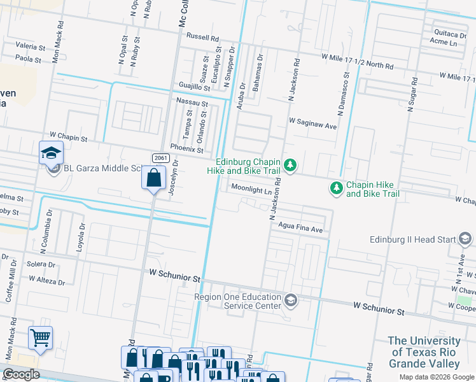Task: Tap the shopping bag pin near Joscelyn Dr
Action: pyautogui.click(x=153, y=178)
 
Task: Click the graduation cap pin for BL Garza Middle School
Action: pyautogui.click(x=51, y=153)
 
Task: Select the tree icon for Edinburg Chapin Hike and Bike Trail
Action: pyautogui.click(x=290, y=166)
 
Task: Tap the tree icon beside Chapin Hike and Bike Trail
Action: pyautogui.click(x=335, y=188)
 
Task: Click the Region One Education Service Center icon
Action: pyautogui.click(x=291, y=300)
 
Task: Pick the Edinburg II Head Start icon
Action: pyautogui.click(x=465, y=239)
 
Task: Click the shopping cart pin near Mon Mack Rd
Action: pyautogui.click(x=40, y=337)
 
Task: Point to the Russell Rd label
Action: pyautogui.click(x=202, y=38)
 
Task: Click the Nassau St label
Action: pyautogui.click(x=192, y=102)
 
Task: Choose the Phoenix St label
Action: pyautogui.click(x=186, y=150)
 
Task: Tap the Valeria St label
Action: pyautogui.click(x=31, y=47)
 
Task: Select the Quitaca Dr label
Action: pyautogui.click(x=449, y=33)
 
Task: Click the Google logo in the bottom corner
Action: pyautogui.click(x=21, y=374)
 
